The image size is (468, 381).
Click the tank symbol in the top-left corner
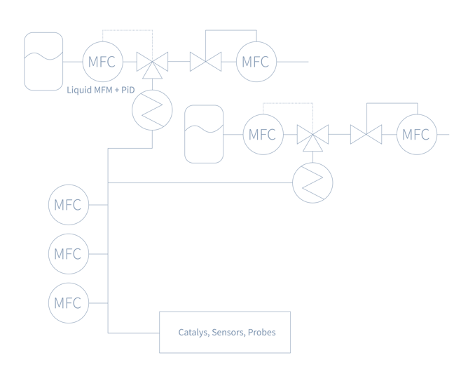43,62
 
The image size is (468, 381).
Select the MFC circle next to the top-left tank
103,62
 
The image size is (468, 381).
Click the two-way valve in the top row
206,62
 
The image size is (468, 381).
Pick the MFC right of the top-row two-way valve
255,62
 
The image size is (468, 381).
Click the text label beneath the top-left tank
99,91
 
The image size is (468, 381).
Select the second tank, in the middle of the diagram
204,133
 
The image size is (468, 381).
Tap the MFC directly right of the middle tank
263,133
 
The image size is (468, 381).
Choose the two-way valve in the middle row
366,133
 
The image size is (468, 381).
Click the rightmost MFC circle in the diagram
417,133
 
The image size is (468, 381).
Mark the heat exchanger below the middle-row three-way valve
312,182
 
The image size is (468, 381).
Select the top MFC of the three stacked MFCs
69,206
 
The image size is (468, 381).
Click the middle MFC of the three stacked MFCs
69,253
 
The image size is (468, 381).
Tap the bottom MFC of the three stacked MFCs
69,303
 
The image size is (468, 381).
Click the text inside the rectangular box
226,333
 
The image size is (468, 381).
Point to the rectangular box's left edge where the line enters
160,333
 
